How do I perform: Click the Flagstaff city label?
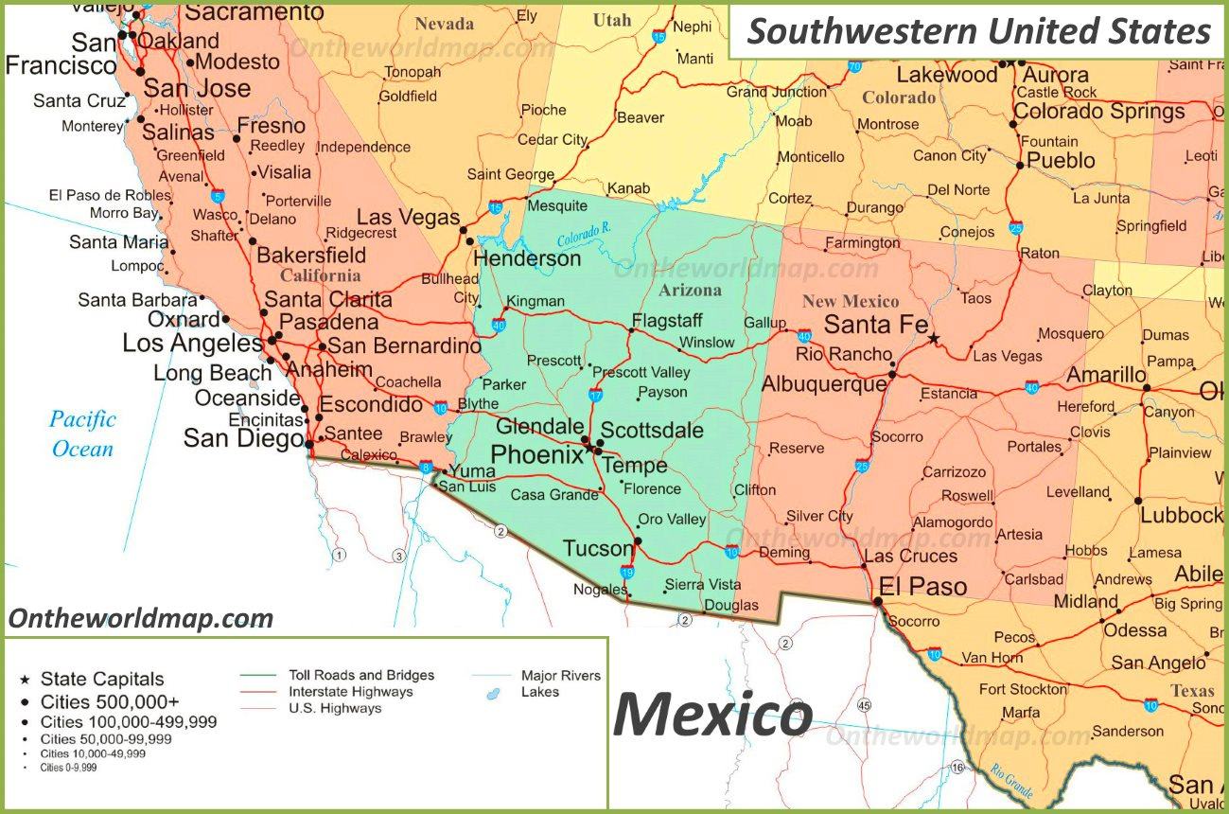667,320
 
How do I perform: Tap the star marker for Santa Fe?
934,338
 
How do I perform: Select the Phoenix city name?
536,455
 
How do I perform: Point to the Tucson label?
597,549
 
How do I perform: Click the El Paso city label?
922,587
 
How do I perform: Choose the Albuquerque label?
823,384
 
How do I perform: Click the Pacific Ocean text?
82,434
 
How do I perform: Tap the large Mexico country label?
712,715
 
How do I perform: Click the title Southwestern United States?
978,31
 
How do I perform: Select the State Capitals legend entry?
101,679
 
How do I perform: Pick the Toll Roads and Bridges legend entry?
360,675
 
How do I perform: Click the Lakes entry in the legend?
539,692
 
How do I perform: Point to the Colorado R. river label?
584,234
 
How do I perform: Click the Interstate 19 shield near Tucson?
627,572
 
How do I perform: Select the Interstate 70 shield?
854,66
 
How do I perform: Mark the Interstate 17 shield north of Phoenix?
596,395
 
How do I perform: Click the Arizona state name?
690,291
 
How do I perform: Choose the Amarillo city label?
1106,375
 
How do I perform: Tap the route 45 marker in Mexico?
864,705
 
